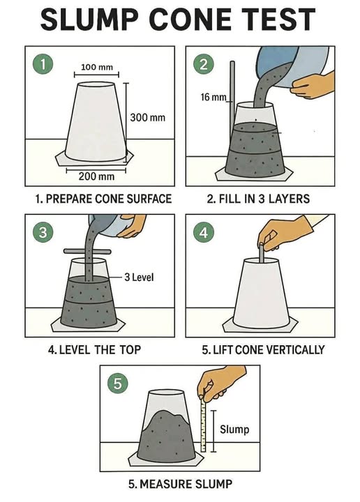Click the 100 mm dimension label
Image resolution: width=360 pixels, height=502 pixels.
click(x=97, y=67)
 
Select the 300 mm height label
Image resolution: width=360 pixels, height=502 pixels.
click(x=148, y=118)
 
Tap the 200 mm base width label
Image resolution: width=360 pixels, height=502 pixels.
click(x=96, y=176)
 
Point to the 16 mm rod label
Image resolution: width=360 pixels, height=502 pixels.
click(x=213, y=97)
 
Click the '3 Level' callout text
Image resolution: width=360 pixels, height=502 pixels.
click(x=139, y=277)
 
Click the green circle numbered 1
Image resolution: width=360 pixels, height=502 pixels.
click(x=43, y=64)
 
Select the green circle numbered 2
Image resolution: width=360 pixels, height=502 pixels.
click(x=204, y=64)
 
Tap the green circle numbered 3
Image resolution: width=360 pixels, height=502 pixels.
click(x=43, y=232)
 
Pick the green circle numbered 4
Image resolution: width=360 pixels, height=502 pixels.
click(x=204, y=232)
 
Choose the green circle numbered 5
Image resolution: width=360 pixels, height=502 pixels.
click(x=118, y=383)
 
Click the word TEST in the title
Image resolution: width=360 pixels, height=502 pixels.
click(x=278, y=20)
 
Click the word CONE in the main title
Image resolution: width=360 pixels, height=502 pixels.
click(x=190, y=20)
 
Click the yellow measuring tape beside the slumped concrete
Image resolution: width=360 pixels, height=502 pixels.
click(x=203, y=423)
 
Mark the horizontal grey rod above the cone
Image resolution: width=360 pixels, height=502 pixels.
click(x=87, y=252)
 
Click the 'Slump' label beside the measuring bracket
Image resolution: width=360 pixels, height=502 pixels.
click(x=234, y=429)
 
